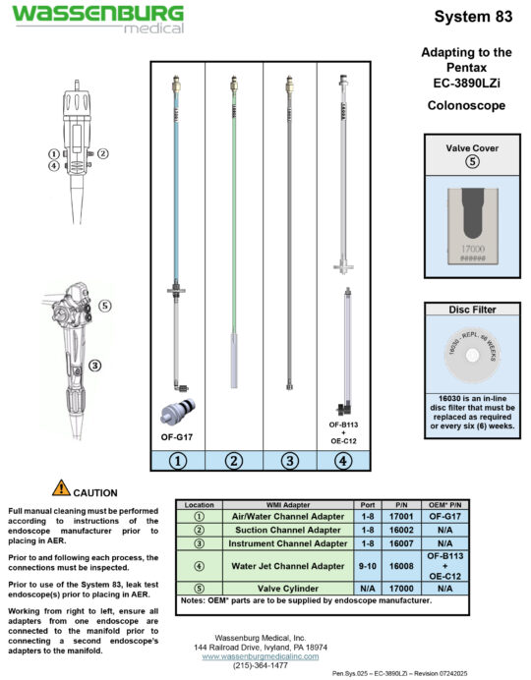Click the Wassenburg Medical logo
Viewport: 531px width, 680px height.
[97, 18]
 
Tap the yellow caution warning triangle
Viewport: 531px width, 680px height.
[61, 487]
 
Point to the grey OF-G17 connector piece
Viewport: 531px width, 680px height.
[177, 413]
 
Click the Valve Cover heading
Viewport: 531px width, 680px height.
[473, 147]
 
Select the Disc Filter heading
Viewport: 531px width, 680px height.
[473, 310]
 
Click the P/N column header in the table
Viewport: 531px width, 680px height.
[400, 504]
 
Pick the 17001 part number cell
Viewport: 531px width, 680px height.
[400, 516]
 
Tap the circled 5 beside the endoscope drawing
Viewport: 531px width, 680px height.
[105, 306]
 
